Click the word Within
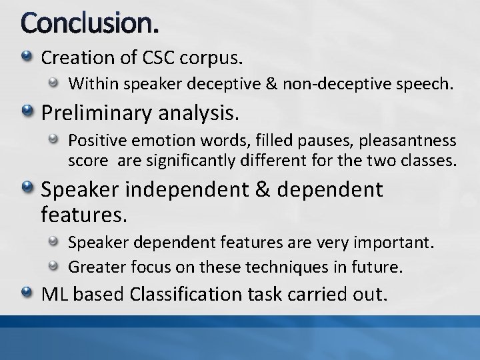91,84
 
